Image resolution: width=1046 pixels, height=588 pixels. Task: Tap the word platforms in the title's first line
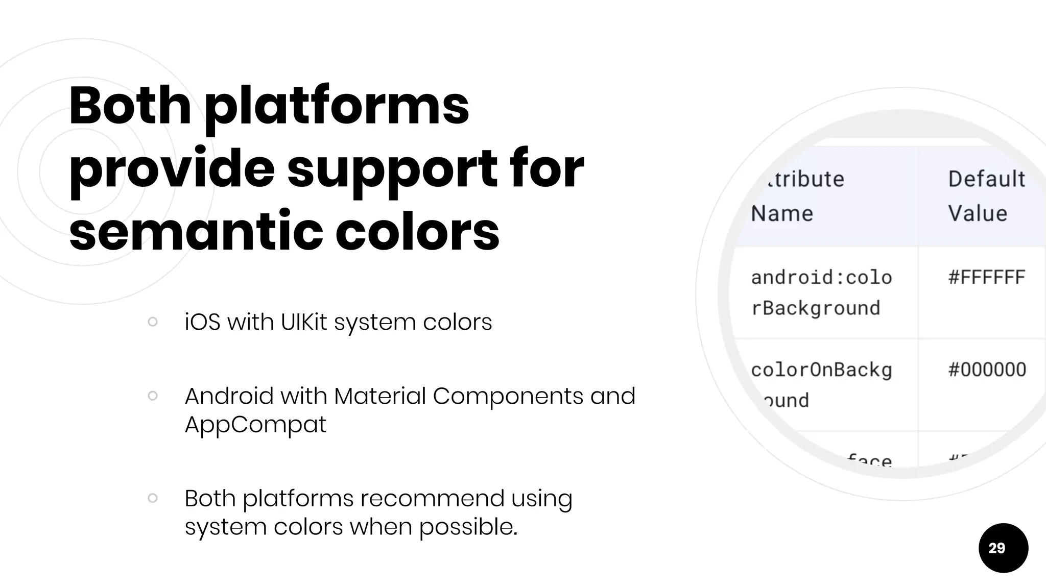coord(337,106)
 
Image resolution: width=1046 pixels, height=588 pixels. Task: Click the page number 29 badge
coord(1003,548)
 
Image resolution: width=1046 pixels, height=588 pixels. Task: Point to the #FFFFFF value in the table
coord(986,278)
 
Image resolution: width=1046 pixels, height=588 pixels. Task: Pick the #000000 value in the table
coord(987,370)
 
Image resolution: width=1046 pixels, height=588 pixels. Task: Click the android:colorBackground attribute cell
coord(821,292)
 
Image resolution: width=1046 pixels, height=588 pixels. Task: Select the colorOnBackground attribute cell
coord(821,384)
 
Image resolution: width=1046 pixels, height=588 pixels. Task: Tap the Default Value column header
coord(986,196)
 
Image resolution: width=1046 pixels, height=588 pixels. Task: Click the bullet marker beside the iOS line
coord(152,322)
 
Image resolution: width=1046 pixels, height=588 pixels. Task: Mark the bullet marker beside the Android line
coord(152,396)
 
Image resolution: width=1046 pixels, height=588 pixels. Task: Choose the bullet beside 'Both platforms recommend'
coord(152,498)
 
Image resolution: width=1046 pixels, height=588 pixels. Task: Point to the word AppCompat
coord(255,425)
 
